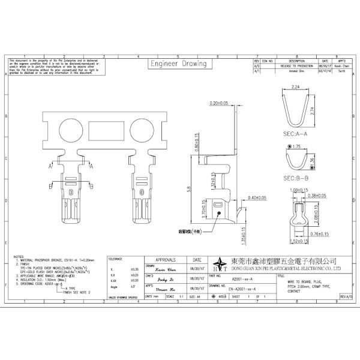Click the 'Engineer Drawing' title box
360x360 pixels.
click(x=178, y=64)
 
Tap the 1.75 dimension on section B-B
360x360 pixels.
click(x=294, y=146)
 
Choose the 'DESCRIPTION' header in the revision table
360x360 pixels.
click(x=298, y=61)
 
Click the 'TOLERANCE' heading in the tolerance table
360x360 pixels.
click(x=115, y=259)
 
